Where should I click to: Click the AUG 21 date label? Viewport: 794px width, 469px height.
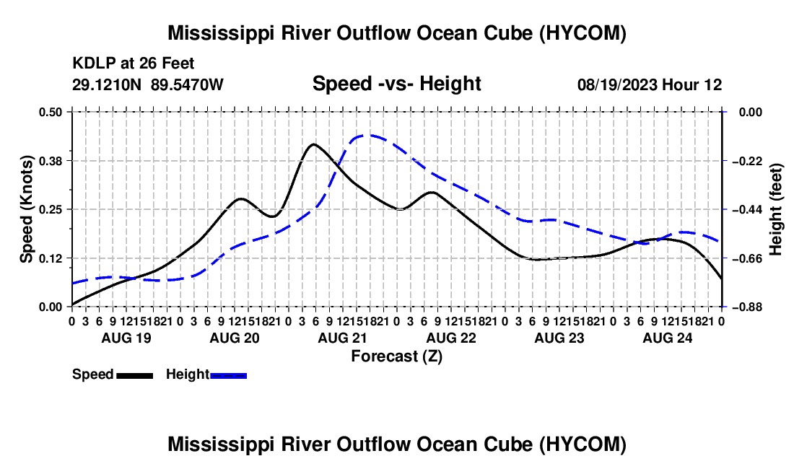click(x=342, y=338)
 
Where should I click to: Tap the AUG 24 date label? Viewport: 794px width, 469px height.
click(x=668, y=338)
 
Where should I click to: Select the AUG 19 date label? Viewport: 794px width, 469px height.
click(x=126, y=338)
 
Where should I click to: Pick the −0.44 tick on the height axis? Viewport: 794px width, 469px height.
click(x=747, y=209)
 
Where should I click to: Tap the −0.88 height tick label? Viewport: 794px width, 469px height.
click(x=747, y=307)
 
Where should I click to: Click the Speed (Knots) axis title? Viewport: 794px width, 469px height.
click(x=26, y=209)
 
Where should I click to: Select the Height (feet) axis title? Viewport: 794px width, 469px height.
click(x=776, y=209)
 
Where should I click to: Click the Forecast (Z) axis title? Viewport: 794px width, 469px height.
click(x=396, y=356)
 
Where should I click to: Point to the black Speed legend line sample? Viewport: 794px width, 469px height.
click(x=135, y=375)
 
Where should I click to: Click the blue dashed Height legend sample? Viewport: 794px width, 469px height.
click(x=228, y=375)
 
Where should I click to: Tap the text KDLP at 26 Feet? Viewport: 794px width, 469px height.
click(x=134, y=63)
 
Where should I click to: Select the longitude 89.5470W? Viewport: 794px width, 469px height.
click(x=187, y=84)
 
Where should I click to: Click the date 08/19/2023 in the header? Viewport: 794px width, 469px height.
click(x=617, y=84)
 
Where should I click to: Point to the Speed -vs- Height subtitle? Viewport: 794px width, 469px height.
click(x=396, y=84)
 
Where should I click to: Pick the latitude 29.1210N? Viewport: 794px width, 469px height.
click(x=107, y=84)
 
